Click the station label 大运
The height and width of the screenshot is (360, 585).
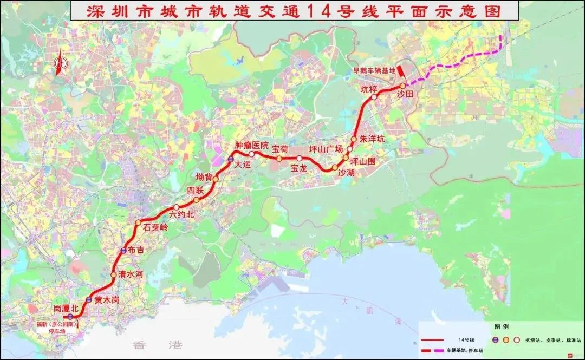click(242, 166)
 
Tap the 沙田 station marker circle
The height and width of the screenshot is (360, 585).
click(402, 86)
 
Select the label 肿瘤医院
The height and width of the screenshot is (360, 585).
click(251, 145)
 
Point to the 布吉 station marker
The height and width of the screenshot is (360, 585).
click(124, 250)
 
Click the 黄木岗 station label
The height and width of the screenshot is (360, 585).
click(106, 300)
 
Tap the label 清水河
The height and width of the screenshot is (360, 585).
click(131, 274)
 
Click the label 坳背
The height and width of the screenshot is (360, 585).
click(205, 176)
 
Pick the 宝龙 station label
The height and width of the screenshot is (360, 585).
click(299, 168)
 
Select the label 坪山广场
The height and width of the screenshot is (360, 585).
click(326, 149)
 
